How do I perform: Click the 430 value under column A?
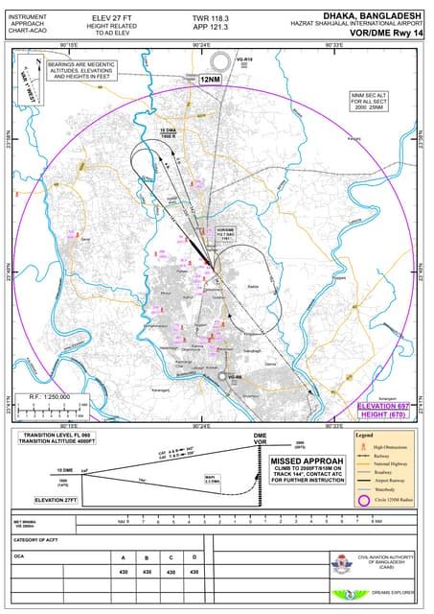pyautogui.click(x=123, y=572)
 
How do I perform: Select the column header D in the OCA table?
pyautogui.click(x=194, y=556)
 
